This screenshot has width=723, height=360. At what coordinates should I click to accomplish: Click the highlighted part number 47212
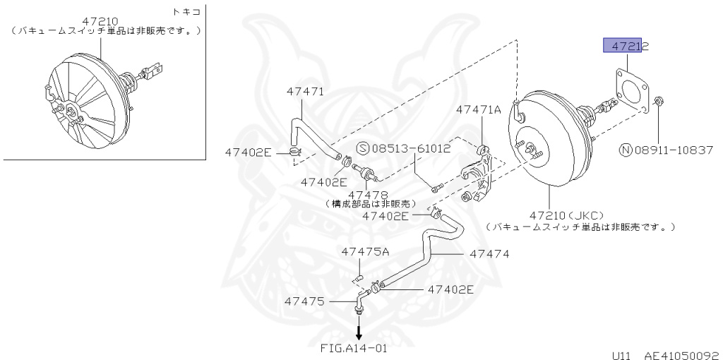coord(626,47)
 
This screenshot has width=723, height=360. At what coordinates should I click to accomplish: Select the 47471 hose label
coord(305,91)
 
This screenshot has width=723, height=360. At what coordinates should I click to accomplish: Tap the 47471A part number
coord(478,109)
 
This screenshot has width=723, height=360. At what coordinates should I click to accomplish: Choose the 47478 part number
coord(368,194)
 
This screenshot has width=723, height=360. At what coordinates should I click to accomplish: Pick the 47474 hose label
coord(489,253)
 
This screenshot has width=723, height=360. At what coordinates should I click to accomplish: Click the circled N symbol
coord(626,150)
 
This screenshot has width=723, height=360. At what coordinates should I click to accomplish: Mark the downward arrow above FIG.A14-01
coord(359,328)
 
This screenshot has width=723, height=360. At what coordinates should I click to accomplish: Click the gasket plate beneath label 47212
coord(631,91)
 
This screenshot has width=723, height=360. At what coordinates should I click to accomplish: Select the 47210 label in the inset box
coord(100,22)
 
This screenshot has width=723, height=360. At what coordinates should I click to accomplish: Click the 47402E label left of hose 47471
coord(248,152)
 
